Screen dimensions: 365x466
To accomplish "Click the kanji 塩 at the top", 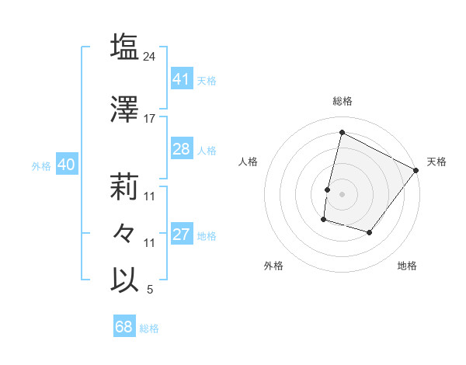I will (x=125, y=47).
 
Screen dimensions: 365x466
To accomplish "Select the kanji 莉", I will (x=125, y=186).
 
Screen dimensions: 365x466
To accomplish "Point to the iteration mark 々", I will (x=125, y=232).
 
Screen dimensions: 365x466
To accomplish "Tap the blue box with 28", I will (x=181, y=149).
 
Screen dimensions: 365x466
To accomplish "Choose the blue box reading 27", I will (x=181, y=235).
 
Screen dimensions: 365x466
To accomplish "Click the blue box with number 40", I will (x=66, y=165).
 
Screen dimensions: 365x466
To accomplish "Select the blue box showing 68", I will (x=123, y=327).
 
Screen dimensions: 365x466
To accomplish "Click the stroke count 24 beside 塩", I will (x=150, y=56).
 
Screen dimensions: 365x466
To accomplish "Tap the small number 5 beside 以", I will (x=150, y=290).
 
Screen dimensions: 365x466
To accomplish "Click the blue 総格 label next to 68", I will (x=149, y=328).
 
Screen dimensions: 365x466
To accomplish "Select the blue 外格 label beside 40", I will (x=40, y=165).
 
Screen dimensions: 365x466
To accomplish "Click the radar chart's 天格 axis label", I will (x=436, y=162).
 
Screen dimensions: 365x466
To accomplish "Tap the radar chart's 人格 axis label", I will (x=249, y=162).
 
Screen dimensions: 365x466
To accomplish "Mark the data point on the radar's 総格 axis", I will (x=342, y=132).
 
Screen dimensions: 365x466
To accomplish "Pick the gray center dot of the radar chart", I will (x=342, y=194).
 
